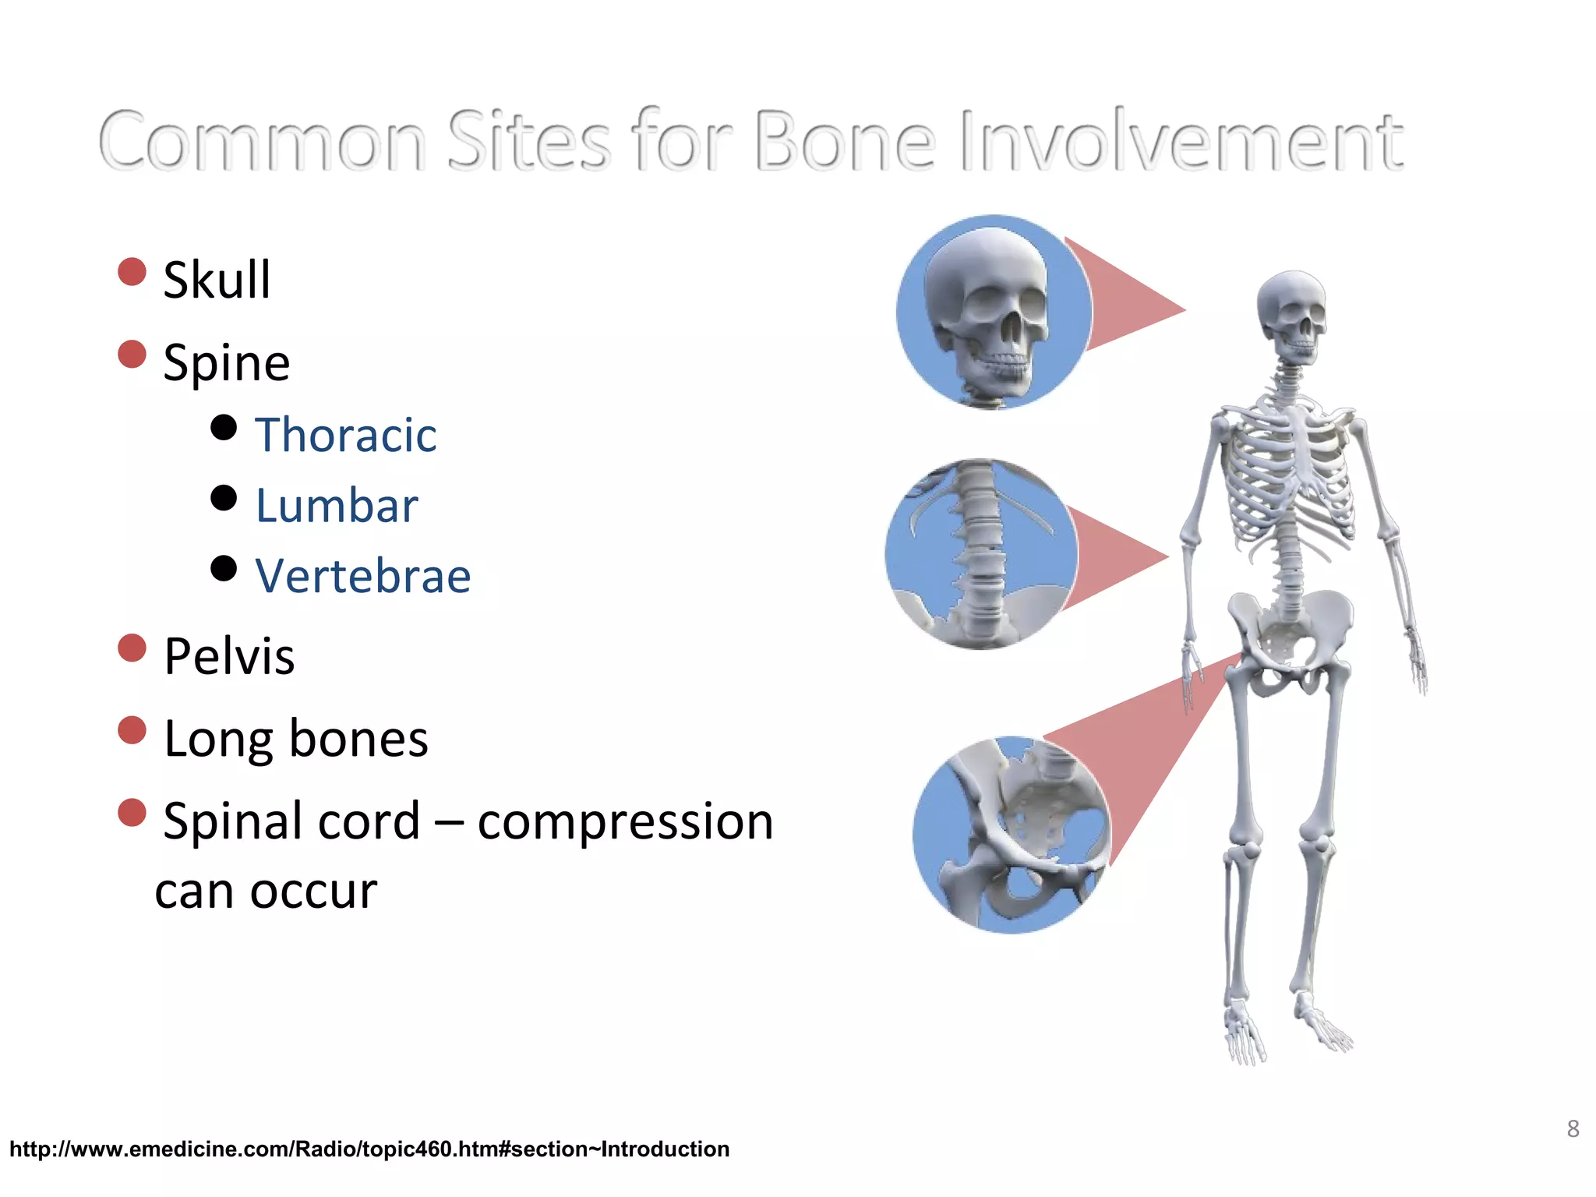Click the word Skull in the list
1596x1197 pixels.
pyautogui.click(x=217, y=280)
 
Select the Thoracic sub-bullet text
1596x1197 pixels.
pyautogui.click(x=345, y=435)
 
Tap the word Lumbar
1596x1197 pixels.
pyautogui.click(x=337, y=506)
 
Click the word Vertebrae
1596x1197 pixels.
pyautogui.click(x=363, y=577)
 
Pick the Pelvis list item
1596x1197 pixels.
pyautogui.click(x=229, y=656)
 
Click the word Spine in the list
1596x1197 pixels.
pyautogui.click(x=226, y=363)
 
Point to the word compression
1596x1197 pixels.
pyautogui.click(x=625, y=821)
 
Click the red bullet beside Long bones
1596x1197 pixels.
pyautogui.click(x=132, y=731)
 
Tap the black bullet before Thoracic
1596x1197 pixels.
pyautogui.click(x=224, y=427)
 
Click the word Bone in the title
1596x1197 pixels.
pyautogui.click(x=845, y=141)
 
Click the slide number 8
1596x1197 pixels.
pyautogui.click(x=1573, y=1129)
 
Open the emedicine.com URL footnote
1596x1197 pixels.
pyautogui.click(x=369, y=1149)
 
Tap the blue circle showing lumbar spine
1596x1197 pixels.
pyautogui.click(x=981, y=553)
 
